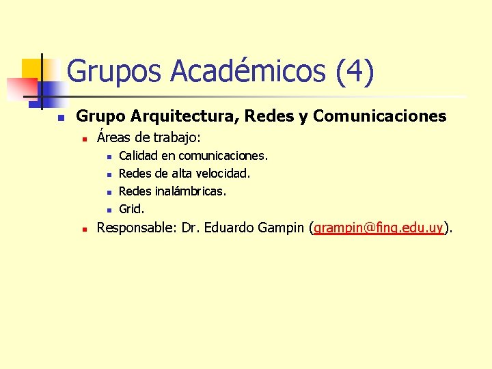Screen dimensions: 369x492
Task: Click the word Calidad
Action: coord(138,156)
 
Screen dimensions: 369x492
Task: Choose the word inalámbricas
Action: coord(191,191)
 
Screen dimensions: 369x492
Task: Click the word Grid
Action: coord(131,209)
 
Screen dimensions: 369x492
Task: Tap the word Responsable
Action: coord(137,228)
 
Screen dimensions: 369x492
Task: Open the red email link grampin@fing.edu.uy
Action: coord(379,228)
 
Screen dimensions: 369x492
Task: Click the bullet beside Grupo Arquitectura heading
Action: coord(60,118)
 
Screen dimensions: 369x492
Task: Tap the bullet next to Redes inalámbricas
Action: coord(109,192)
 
